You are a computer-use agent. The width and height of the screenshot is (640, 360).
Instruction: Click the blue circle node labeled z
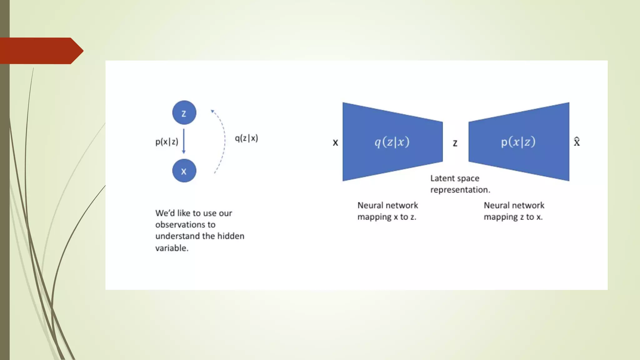click(184, 112)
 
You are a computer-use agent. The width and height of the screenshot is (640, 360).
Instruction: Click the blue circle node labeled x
click(184, 171)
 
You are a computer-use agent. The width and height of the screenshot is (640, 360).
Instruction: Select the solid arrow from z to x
click(184, 141)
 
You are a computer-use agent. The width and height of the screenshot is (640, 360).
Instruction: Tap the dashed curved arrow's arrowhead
click(212, 111)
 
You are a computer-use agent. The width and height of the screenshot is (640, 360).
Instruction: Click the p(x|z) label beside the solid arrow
click(167, 142)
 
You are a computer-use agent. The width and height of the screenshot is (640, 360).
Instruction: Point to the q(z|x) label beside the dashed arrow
click(246, 138)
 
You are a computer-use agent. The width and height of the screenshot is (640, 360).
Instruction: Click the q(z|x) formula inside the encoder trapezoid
click(392, 142)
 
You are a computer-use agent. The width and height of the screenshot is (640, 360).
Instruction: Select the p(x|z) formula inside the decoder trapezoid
click(518, 142)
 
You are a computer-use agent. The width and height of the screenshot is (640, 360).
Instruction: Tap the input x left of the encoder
click(335, 143)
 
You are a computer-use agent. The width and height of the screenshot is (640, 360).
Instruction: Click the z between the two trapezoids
click(455, 143)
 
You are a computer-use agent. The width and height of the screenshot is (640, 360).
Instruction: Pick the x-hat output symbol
click(577, 142)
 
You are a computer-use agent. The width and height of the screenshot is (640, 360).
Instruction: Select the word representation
click(460, 190)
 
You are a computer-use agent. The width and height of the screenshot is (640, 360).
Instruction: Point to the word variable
click(172, 248)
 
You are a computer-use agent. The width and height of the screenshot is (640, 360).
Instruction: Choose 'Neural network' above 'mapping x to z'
click(387, 205)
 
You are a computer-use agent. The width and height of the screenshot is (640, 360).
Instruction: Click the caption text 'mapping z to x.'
click(513, 217)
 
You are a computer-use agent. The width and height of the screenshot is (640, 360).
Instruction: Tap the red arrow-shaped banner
click(41, 51)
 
